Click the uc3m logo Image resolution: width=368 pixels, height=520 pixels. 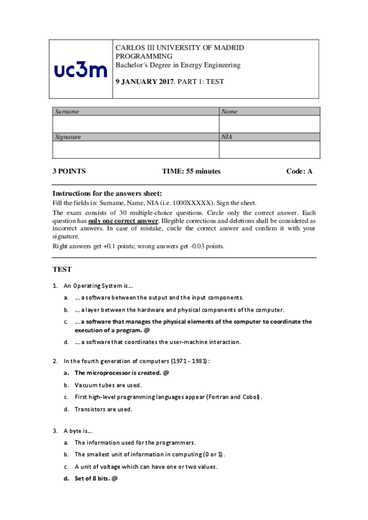click(80, 71)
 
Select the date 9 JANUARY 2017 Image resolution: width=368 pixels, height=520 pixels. click(144, 81)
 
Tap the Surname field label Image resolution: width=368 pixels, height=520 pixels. click(68, 112)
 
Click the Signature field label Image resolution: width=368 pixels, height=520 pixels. click(69, 137)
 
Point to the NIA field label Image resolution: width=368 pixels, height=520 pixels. click(227, 137)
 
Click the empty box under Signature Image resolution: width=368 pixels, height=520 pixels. click(135, 150)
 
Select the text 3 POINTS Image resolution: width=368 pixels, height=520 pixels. click(69, 171)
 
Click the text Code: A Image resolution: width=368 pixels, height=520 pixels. click(300, 171)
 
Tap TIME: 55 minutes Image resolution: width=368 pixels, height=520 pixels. click(191, 171)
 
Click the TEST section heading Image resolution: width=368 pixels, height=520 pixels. click(62, 269)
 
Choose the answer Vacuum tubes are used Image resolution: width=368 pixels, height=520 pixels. click(108, 385)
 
